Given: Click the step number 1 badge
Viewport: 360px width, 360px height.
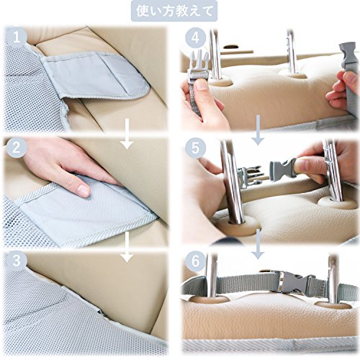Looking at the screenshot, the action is click(17, 37).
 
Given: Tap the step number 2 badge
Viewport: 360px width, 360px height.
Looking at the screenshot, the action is click(17, 148).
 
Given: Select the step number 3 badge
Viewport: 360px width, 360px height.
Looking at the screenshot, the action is click(17, 261).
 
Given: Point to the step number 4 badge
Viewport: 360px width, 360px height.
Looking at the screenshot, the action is click(196, 37).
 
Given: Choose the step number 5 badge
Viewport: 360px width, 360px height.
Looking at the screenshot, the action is click(196, 148).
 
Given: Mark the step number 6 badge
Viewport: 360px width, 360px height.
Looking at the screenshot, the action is click(196, 261).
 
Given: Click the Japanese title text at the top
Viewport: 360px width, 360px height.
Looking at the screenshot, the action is click(174, 11).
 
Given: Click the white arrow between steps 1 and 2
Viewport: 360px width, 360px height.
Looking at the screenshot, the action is click(127, 133).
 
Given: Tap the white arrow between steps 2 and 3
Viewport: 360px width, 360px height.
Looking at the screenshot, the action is click(127, 246).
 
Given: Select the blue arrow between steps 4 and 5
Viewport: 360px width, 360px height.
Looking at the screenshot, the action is click(258, 130).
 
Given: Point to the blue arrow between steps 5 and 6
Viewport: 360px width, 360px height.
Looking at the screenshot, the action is click(258, 244).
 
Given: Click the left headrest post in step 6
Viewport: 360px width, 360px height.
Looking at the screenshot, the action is click(211, 276).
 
